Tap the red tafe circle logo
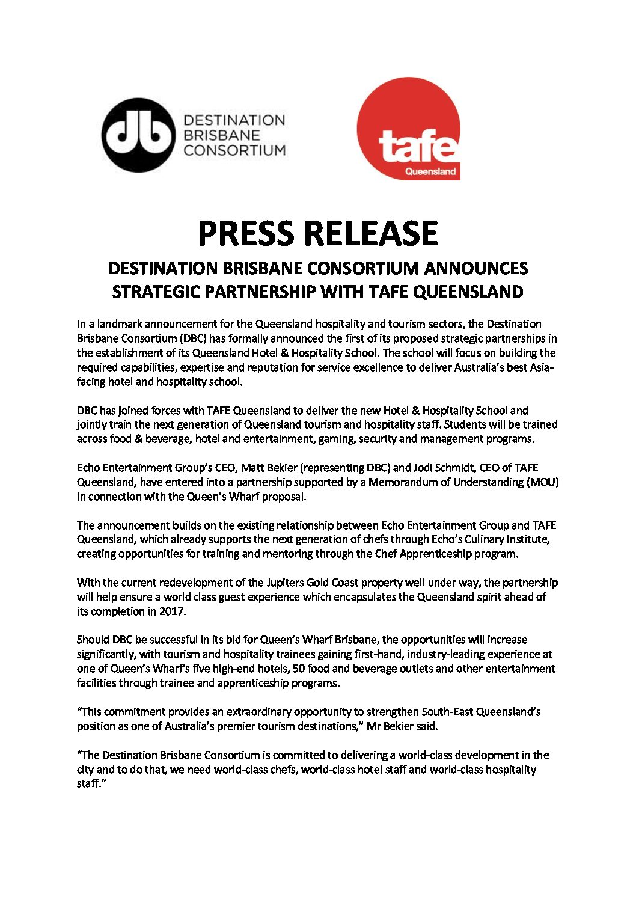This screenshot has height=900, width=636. [x=409, y=129]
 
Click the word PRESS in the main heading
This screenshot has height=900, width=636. [x=246, y=234]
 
